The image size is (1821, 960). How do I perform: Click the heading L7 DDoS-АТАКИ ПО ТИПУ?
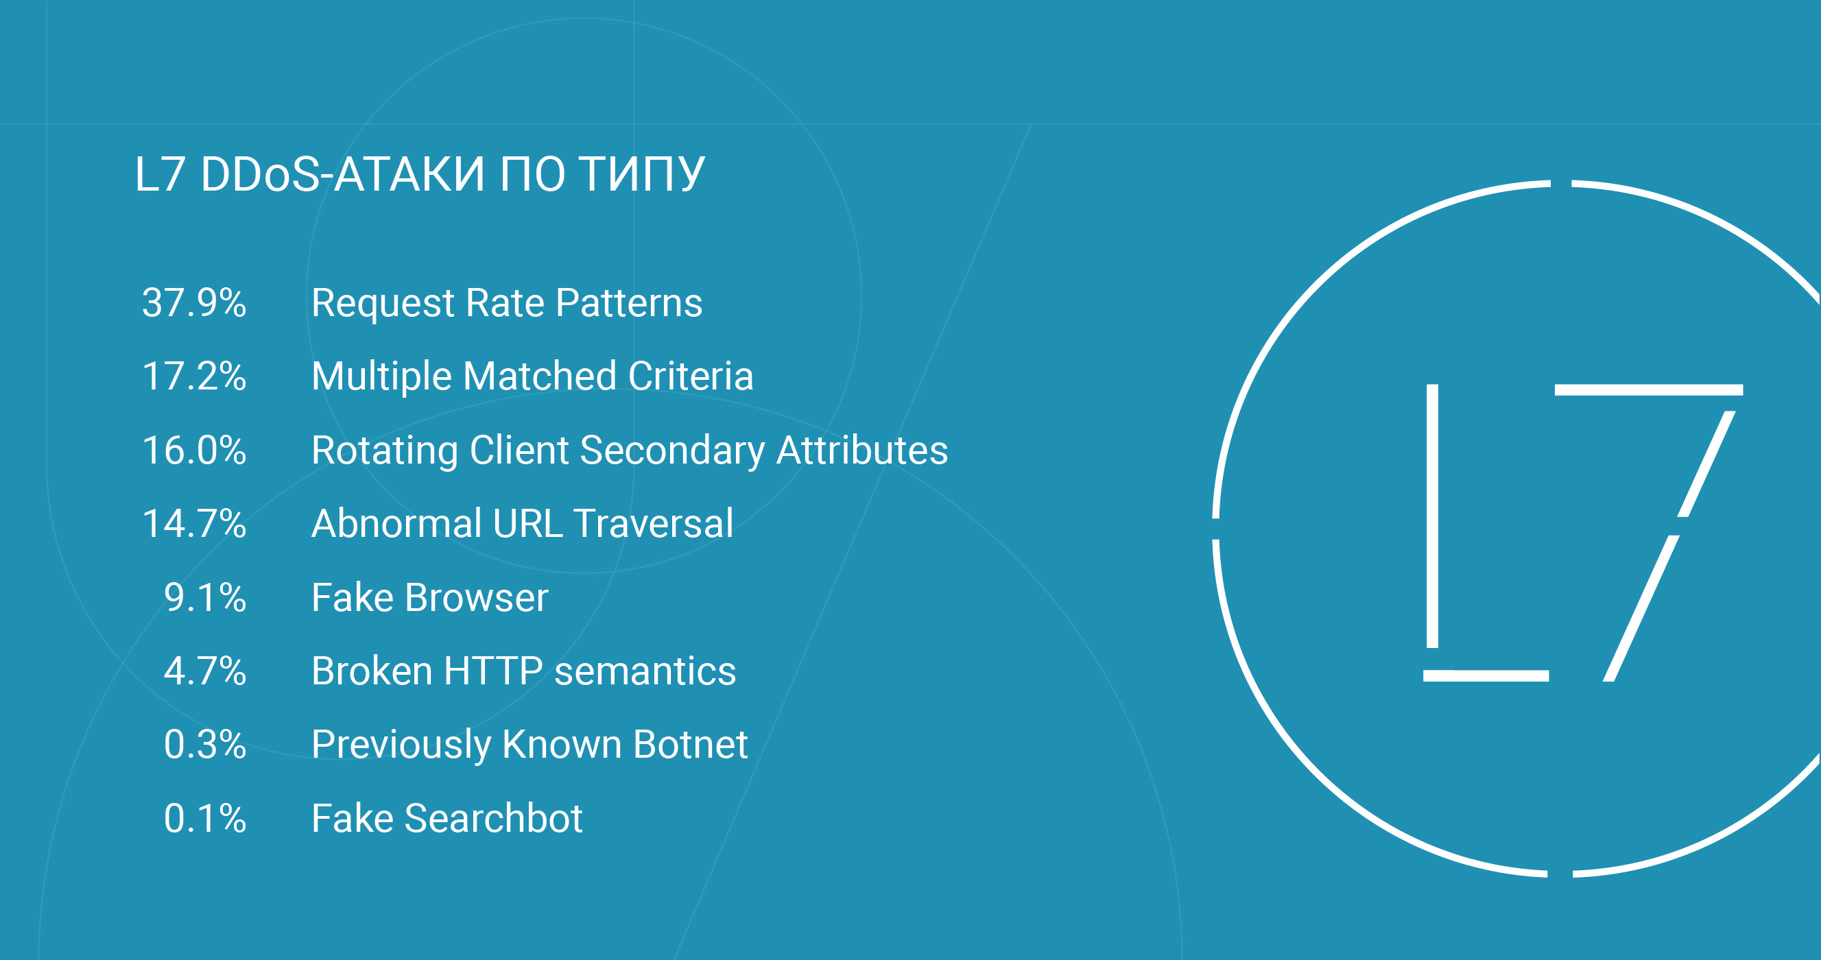click(419, 174)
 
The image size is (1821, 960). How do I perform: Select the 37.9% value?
click(194, 302)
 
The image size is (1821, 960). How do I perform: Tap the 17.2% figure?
click(194, 376)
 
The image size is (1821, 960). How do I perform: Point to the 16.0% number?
click(194, 451)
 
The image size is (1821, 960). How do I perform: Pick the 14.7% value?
click(194, 524)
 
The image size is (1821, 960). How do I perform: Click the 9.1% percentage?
click(205, 597)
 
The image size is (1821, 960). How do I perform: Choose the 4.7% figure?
click(205, 671)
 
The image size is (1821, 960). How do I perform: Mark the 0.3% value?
click(205, 745)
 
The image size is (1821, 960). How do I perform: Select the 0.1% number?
click(205, 819)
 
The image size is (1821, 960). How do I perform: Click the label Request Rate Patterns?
click(507, 304)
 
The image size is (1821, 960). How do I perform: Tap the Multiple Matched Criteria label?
click(532, 376)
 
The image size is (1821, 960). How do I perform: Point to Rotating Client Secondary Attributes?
click(630, 452)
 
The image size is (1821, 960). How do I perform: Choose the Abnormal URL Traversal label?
click(523, 524)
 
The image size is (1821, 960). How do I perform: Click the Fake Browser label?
click(430, 597)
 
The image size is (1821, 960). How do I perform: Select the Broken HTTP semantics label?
click(524, 671)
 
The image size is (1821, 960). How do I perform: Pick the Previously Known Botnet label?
click(529, 746)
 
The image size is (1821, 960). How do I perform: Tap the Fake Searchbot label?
click(447, 819)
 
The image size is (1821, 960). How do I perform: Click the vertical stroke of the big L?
click(1432, 516)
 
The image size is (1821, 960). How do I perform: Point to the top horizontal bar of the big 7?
click(1649, 390)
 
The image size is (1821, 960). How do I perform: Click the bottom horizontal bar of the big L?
click(1486, 676)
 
